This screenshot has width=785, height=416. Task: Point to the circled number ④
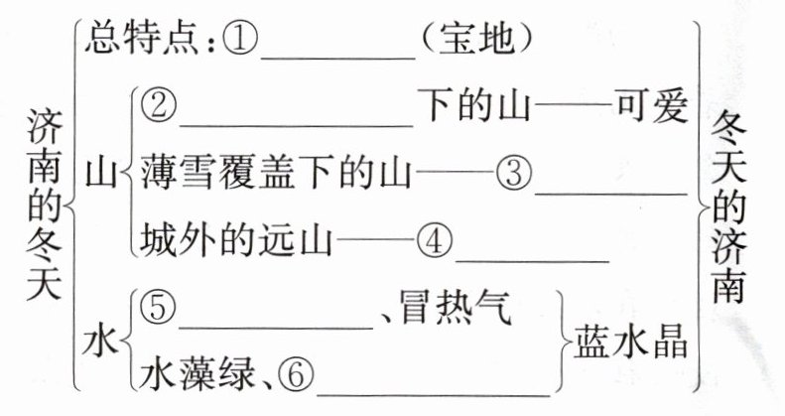click(434, 239)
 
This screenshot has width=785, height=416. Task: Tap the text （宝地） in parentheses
click(478, 41)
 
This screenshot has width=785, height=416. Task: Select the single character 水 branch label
click(99, 343)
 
